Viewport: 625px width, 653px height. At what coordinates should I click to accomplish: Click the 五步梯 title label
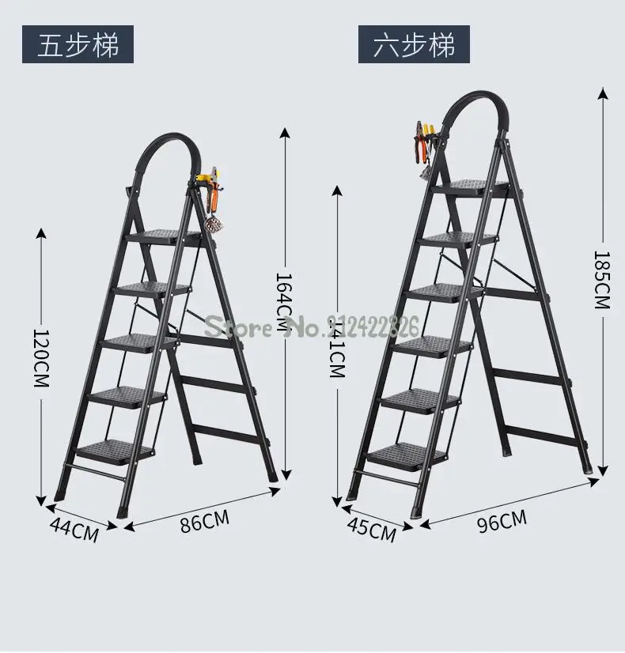(78, 44)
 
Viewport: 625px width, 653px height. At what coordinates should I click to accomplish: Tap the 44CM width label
(74, 529)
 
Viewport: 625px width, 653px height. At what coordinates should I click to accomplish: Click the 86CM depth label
(203, 523)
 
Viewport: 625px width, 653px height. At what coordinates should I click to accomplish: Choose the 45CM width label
(371, 529)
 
